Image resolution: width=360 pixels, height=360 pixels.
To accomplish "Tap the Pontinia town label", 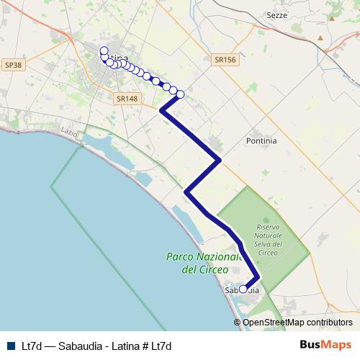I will [x=261, y=141].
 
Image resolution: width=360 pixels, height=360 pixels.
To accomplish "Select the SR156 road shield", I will [x=225, y=60].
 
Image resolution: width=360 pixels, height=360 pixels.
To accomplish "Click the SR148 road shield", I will [x=126, y=99].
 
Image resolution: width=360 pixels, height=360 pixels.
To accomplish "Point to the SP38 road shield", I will [x=13, y=65].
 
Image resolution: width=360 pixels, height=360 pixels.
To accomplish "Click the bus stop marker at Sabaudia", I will [x=243, y=289].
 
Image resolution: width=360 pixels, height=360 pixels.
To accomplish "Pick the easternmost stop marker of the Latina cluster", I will [x=180, y=94].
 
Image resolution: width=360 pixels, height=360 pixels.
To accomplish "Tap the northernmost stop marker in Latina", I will [x=104, y=50].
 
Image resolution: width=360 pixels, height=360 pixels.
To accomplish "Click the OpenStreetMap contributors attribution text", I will [x=297, y=323].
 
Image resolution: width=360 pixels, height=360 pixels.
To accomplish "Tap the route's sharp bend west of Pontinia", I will [x=219, y=160].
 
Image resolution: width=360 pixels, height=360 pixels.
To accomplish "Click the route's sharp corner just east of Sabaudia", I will [x=257, y=277].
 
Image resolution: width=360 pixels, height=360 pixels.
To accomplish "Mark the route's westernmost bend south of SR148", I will [x=161, y=111].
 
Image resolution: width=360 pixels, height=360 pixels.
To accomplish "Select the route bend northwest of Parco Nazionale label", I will [x=186, y=192].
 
